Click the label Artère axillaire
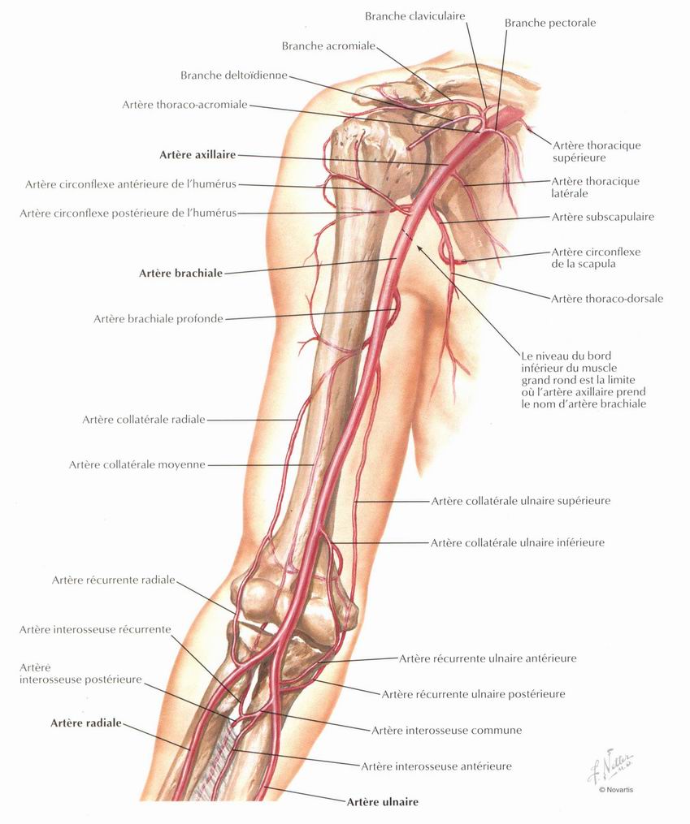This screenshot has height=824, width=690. click(197, 155)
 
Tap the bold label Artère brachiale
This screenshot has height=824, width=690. click(180, 274)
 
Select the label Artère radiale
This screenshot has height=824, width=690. click(85, 723)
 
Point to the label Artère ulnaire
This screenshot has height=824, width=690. click(382, 802)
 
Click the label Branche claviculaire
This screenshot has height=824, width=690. click(415, 16)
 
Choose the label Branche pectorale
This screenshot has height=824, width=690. click(550, 23)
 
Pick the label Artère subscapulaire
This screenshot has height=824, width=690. click(603, 217)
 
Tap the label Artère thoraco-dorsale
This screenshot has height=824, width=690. click(607, 299)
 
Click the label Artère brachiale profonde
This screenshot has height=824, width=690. click(158, 318)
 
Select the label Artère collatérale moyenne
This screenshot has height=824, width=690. click(137, 464)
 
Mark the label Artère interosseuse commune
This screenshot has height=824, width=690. click(446, 730)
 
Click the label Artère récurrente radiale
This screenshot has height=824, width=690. click(113, 580)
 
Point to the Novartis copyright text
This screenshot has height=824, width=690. click(616, 789)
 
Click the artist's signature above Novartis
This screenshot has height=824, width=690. click(610, 765)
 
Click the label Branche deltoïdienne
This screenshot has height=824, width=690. click(234, 75)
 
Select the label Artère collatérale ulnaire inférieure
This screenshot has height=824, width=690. click(518, 542)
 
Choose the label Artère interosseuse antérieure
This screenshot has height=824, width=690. click(436, 766)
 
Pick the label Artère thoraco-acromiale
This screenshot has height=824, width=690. click(184, 105)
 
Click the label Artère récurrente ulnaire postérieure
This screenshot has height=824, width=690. click(473, 694)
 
